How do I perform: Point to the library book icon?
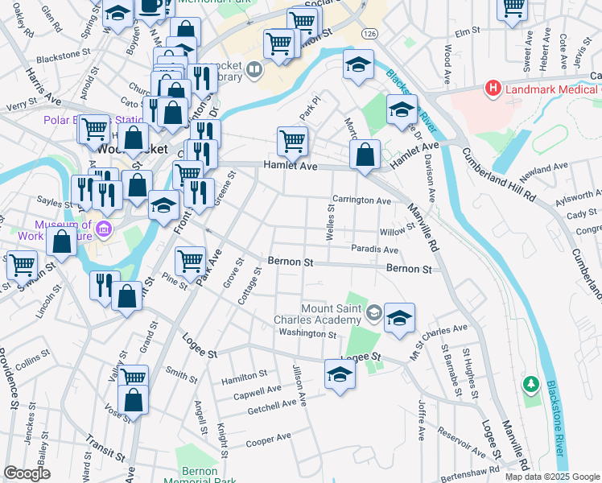click(254, 70)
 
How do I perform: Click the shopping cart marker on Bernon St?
click(190, 259)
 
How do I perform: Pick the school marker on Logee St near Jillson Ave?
click(340, 373)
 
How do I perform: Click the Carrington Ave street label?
click(361, 200)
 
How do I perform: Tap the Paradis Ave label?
click(374, 250)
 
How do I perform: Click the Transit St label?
click(101, 449)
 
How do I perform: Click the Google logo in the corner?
click(26, 474)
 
